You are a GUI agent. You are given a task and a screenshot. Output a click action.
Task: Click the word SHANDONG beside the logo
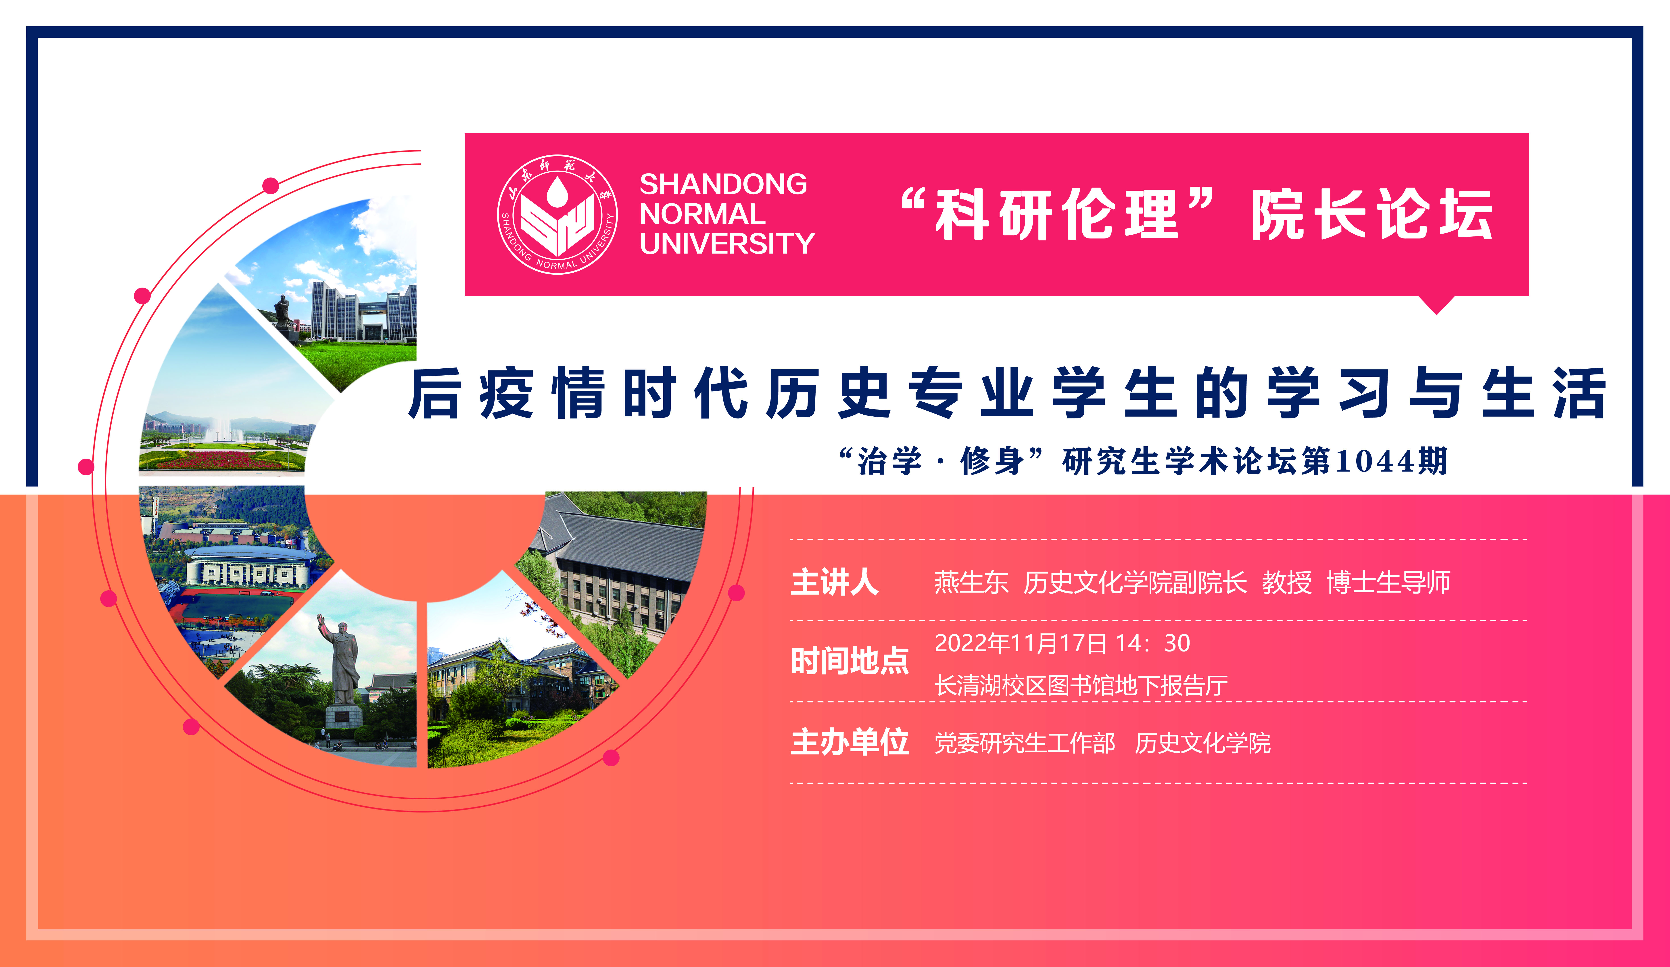click(723, 184)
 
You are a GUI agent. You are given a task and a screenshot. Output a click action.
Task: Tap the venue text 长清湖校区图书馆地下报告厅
click(1081, 685)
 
